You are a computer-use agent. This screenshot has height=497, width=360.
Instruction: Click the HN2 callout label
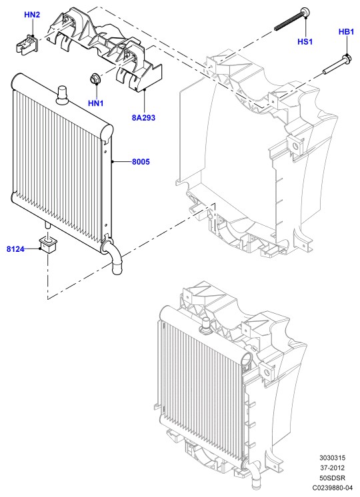(x=32, y=15)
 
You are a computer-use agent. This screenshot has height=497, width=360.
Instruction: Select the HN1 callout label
(x=96, y=103)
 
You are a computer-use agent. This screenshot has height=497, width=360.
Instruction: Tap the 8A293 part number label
(x=144, y=118)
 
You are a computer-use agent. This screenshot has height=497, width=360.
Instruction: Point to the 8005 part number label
(x=141, y=162)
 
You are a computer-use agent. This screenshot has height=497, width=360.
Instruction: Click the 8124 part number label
(x=15, y=249)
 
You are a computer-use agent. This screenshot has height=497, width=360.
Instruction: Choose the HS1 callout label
(x=305, y=41)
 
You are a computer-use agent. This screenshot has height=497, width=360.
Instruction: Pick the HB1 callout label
(x=346, y=32)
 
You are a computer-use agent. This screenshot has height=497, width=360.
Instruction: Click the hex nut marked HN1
(x=95, y=79)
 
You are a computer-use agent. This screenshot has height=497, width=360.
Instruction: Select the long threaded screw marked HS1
(x=292, y=19)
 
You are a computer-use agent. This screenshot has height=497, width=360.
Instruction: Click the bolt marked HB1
(x=336, y=65)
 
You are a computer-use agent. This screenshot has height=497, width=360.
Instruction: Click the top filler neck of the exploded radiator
(x=62, y=95)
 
